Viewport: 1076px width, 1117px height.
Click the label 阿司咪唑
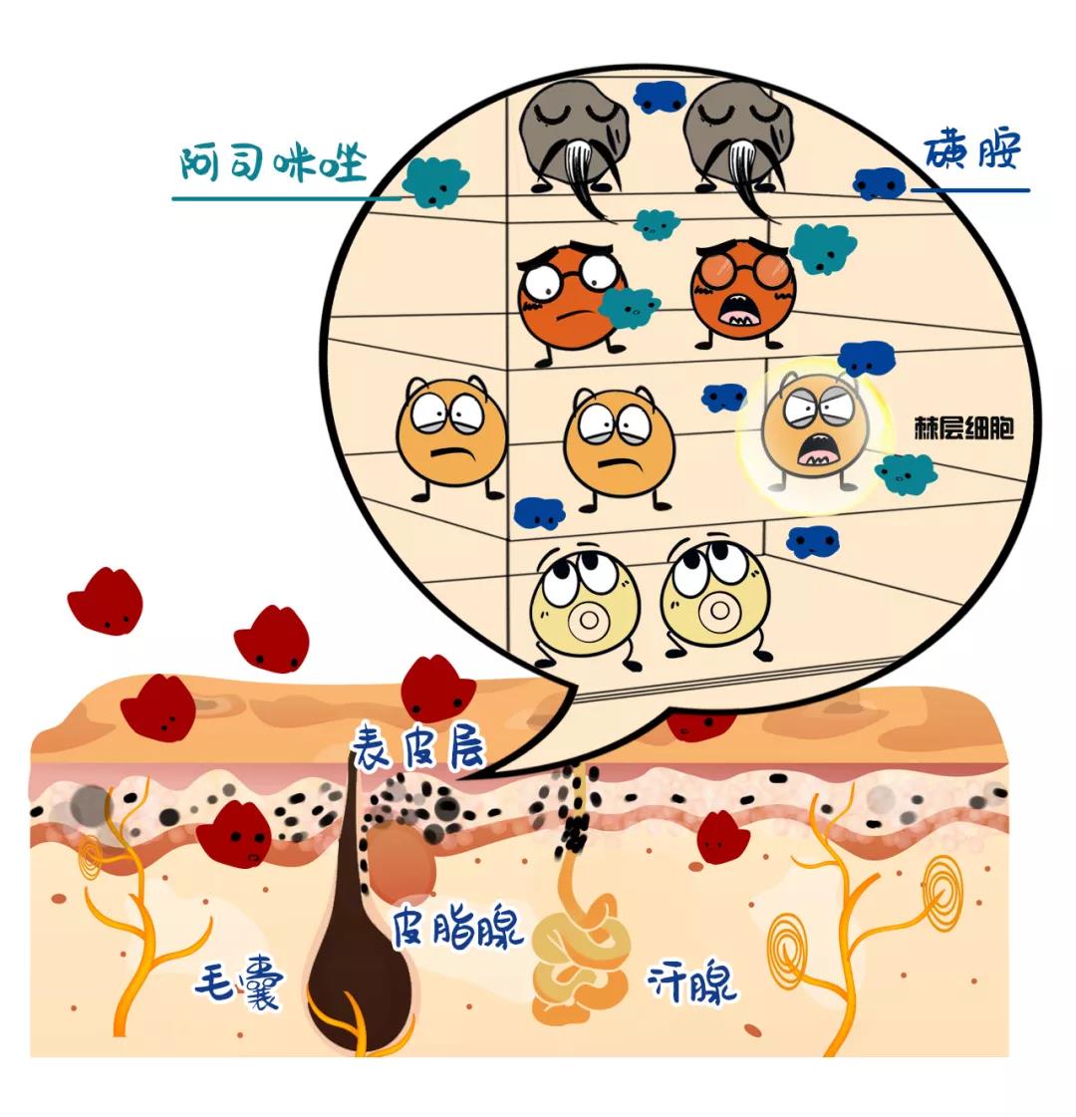pyautogui.click(x=273, y=163)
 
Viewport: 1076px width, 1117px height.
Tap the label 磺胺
pyautogui.click(x=972, y=150)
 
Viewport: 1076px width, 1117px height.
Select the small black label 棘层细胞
pyautogui.click(x=963, y=428)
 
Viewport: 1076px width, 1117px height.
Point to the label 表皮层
pyautogui.click(x=418, y=748)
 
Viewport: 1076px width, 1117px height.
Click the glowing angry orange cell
pyautogui.click(x=816, y=434)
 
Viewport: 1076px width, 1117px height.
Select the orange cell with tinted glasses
pyautogui.click(x=743, y=292)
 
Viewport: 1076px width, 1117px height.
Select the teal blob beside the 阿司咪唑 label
pyautogui.click(x=435, y=181)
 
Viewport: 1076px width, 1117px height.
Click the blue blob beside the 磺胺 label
pyautogui.click(x=880, y=183)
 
